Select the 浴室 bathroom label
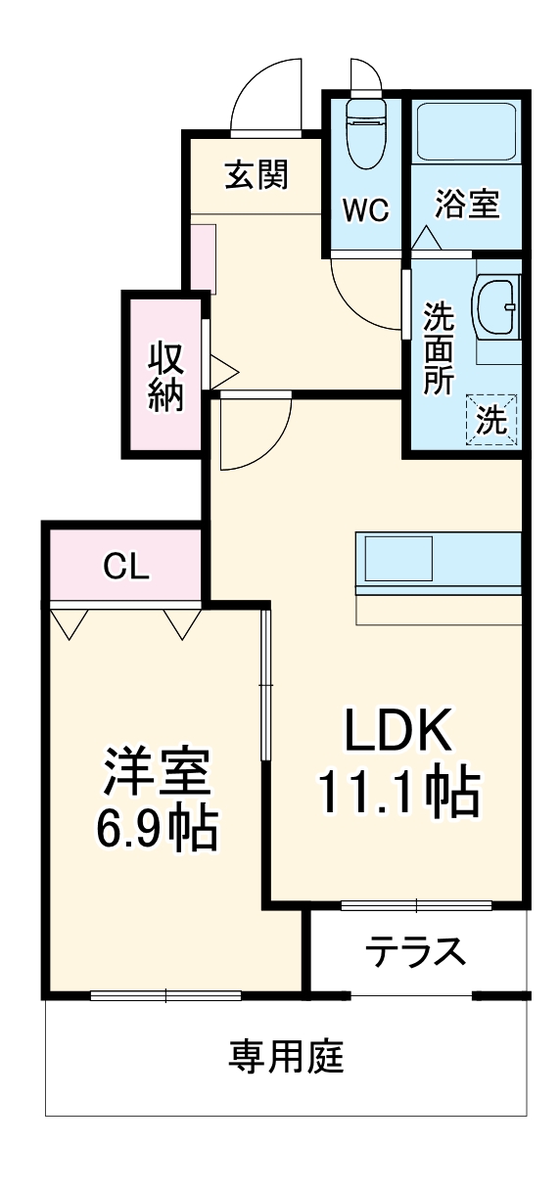(x=467, y=206)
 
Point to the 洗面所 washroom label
(x=438, y=348)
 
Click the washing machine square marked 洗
(x=491, y=419)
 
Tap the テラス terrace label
(x=415, y=951)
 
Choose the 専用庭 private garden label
(x=286, y=1057)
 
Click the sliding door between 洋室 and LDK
(x=264, y=684)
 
